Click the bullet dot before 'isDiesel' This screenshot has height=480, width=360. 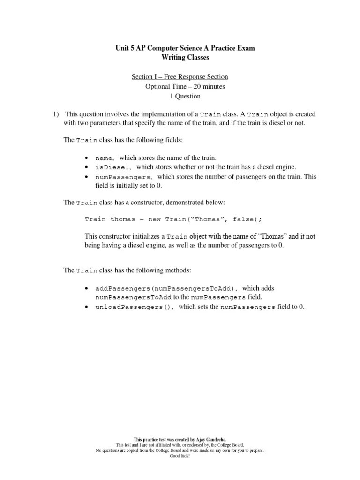click(87, 167)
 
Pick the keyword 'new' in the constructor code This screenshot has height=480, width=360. click(156, 219)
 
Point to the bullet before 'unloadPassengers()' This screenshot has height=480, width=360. click(87, 307)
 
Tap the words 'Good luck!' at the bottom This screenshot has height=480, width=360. click(180, 455)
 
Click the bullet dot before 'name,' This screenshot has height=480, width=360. click(87, 158)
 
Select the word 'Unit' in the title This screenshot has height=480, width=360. click(122, 48)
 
